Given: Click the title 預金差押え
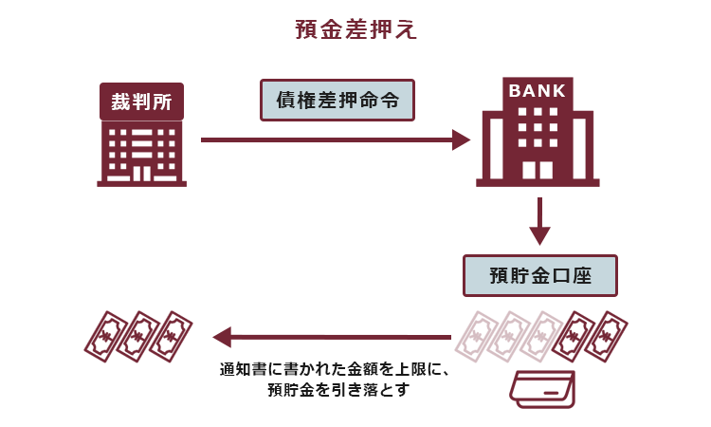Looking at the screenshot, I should [355, 29].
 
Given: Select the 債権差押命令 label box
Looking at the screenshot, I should [337, 99].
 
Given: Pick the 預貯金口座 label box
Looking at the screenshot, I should [539, 276].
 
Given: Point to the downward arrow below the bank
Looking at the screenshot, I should [538, 219].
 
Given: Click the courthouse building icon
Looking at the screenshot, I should [141, 152].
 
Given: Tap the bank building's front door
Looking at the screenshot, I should [538, 170].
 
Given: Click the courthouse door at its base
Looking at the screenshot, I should [141, 174].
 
